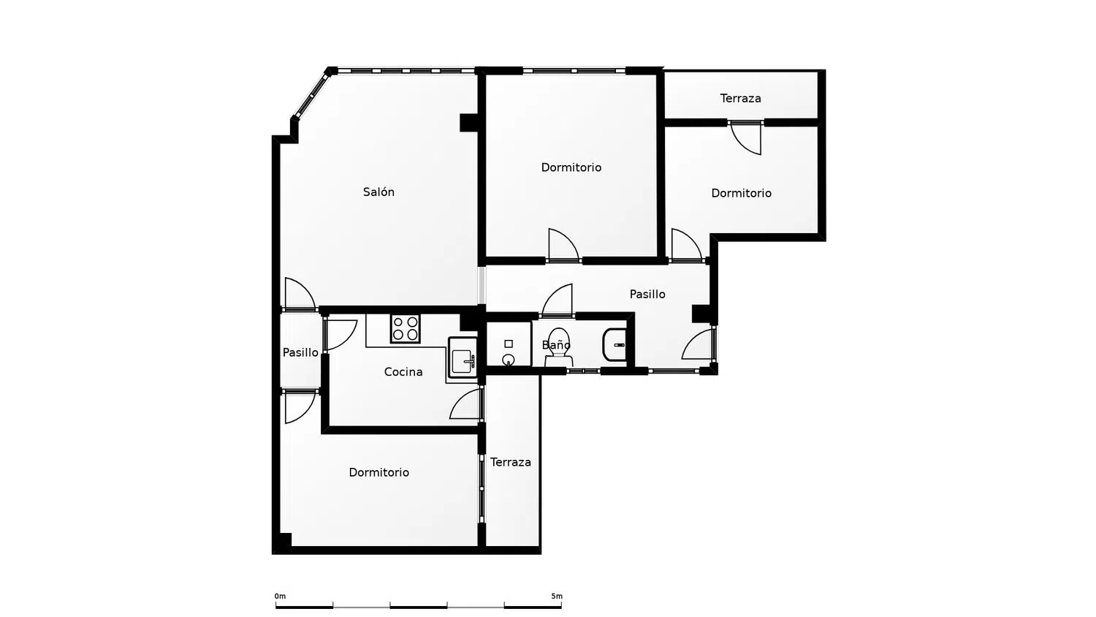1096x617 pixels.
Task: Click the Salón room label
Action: click(378, 192)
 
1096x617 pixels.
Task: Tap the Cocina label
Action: click(403, 372)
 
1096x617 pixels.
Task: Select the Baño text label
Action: click(556, 345)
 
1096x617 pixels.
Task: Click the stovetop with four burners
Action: click(405, 328)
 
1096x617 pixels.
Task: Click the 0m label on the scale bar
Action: click(280, 597)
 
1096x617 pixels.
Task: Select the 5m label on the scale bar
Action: click(557, 597)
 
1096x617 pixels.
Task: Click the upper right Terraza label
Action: click(741, 99)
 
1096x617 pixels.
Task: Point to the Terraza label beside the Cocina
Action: click(511, 462)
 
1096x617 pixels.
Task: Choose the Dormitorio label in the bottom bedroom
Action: click(378, 472)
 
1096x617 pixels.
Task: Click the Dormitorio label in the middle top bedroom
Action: click(571, 167)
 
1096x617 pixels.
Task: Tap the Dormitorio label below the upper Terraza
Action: click(742, 194)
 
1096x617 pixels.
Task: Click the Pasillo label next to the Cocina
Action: click(300, 352)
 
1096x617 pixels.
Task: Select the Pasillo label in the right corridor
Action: click(647, 295)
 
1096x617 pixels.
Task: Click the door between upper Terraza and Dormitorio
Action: click(746, 137)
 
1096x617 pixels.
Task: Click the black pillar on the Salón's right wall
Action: click(469, 122)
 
